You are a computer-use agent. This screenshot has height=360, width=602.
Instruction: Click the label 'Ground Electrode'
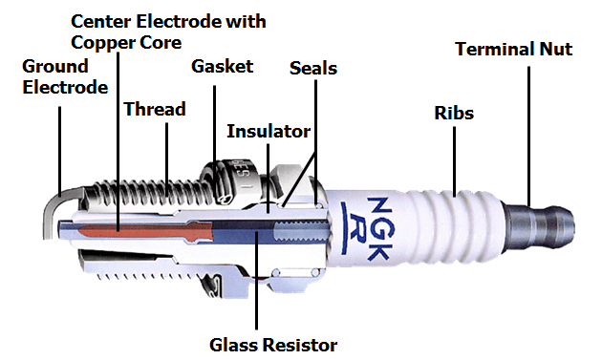(65, 76)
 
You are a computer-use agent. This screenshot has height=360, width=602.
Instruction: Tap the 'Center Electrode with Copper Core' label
(168, 32)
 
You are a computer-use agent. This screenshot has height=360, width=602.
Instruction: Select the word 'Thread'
(155, 109)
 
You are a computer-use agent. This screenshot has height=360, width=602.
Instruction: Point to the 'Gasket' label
(223, 67)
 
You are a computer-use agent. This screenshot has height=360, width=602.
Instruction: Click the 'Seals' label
(313, 69)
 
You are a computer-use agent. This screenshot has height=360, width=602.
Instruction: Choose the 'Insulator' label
(269, 131)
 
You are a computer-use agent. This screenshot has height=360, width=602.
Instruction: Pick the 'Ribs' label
(454, 113)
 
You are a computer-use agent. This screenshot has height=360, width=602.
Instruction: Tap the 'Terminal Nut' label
(514, 49)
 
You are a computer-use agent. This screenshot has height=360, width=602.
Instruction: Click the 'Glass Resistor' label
(273, 345)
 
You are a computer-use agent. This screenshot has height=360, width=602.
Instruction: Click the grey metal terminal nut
(540, 229)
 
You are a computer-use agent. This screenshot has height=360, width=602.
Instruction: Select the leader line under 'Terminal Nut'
(528, 136)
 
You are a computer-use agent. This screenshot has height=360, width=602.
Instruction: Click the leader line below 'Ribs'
(454, 161)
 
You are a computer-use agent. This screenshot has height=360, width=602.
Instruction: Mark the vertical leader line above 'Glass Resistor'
(256, 280)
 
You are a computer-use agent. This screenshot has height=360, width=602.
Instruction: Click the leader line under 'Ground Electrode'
(60, 151)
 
